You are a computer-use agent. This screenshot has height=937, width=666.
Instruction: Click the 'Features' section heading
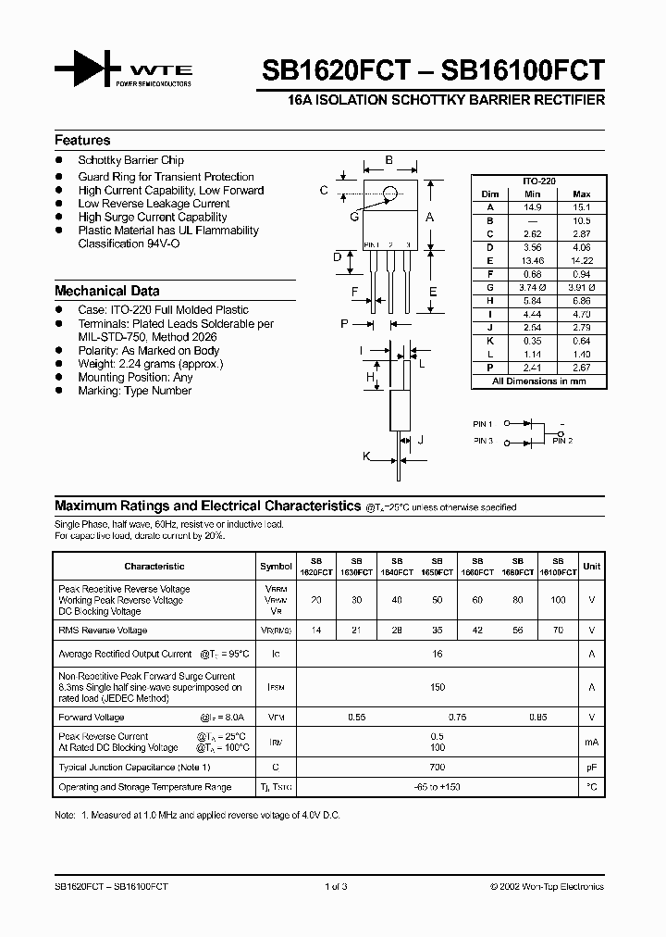(82, 141)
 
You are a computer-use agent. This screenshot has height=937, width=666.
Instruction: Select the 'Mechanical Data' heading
(106, 291)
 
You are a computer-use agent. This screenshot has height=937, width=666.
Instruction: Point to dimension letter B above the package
(389, 160)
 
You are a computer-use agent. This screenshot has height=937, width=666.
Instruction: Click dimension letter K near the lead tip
(367, 456)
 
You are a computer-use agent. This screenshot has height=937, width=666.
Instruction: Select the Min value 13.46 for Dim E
(531, 262)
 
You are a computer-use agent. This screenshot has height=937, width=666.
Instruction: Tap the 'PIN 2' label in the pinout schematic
(562, 441)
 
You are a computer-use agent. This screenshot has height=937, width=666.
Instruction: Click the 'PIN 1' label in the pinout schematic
(483, 423)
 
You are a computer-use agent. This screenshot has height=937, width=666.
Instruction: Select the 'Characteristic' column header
(154, 566)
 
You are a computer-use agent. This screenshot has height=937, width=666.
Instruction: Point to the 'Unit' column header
(592, 566)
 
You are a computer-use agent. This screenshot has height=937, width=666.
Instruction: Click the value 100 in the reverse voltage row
(557, 600)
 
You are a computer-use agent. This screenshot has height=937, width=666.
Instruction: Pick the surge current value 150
(438, 687)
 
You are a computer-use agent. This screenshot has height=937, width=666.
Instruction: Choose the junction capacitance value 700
(438, 768)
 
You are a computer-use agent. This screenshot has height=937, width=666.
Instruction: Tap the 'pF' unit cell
(592, 768)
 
